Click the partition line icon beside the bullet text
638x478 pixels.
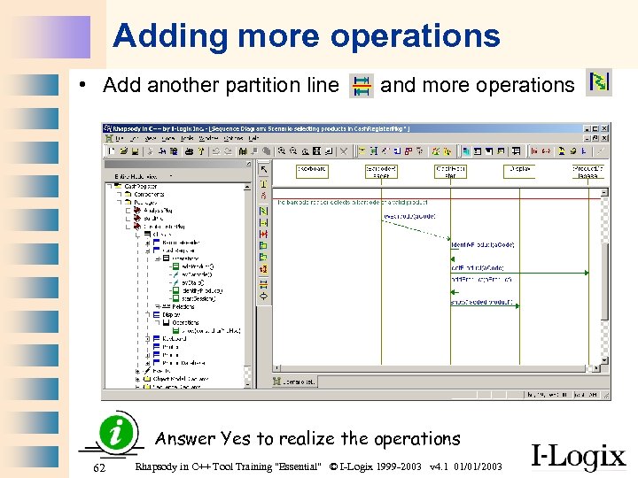[362, 85]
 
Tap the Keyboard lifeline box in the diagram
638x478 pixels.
[311, 170]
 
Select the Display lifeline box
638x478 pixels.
[520, 168]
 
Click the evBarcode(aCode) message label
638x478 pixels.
[409, 216]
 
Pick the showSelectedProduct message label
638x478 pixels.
[483, 302]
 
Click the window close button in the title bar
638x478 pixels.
[605, 128]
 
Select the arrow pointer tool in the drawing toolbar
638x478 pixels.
[263, 169]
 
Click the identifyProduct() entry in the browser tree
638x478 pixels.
[201, 290]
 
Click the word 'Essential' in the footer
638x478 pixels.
[296, 466]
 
